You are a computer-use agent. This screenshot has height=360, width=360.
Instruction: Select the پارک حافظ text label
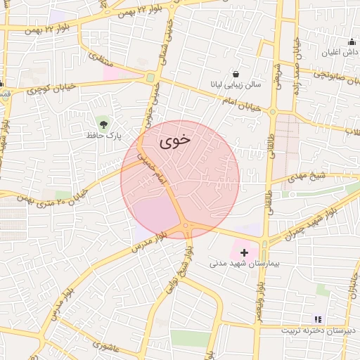pos(105,134)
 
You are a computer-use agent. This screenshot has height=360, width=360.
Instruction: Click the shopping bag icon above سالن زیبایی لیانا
pos(235,72)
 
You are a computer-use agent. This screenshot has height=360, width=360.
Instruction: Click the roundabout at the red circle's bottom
pos(186,226)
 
